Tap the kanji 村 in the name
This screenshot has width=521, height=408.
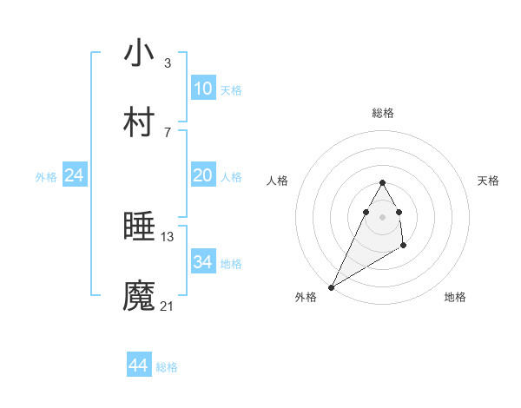point(139,122)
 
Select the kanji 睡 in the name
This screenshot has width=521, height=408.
point(139,227)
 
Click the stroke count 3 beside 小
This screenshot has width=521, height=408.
point(168,63)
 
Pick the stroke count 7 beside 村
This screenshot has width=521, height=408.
point(168,132)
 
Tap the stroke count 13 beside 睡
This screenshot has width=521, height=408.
point(168,237)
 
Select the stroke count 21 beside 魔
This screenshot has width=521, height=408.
point(168,306)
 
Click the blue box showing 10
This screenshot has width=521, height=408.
point(203,88)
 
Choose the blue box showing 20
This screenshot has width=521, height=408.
point(203,175)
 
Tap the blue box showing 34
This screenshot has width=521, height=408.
point(203,262)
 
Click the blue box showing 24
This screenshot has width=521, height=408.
point(75,175)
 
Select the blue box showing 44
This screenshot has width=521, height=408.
point(139,365)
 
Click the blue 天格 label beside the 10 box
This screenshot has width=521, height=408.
point(231,89)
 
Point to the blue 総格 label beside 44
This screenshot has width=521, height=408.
point(167,367)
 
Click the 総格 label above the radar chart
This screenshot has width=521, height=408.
point(383,113)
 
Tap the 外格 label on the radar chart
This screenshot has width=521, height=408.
point(306,297)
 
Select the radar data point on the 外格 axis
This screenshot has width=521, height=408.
point(331,287)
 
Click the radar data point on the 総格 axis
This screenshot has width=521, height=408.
point(383,183)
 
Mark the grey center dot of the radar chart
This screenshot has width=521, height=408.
point(383,216)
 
